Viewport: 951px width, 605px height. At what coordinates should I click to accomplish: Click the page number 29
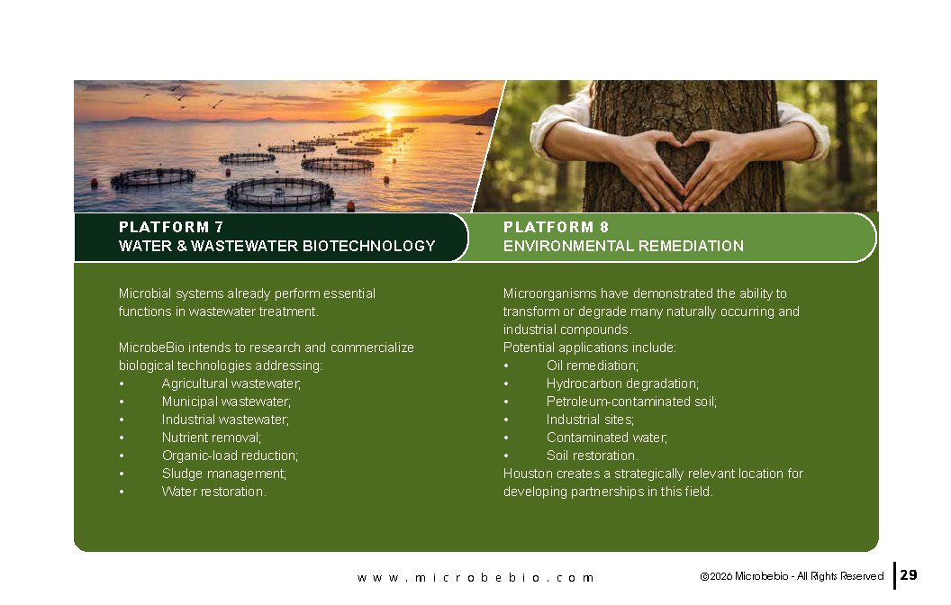pos(909,574)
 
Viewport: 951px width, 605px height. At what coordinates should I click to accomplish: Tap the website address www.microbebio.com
pos(475,578)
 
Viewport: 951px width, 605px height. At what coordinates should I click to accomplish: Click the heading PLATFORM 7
pos(171,228)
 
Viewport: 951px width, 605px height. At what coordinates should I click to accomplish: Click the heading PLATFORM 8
pos(556,228)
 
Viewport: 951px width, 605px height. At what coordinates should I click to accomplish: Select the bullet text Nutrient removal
pos(211,438)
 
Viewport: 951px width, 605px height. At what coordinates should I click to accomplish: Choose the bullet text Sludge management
pos(224,474)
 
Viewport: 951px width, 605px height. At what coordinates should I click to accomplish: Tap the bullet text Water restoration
pos(213,492)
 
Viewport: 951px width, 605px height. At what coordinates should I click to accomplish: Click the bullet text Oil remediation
pos(592,366)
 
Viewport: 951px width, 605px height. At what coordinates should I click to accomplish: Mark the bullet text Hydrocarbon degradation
pos(622,384)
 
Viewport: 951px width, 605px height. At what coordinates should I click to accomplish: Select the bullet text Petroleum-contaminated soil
pos(631,402)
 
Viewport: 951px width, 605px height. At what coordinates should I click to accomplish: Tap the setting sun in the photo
pos(387,112)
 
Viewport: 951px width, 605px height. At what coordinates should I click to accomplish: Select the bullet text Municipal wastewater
pos(226,402)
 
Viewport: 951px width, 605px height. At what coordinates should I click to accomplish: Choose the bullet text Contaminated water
pos(606,438)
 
